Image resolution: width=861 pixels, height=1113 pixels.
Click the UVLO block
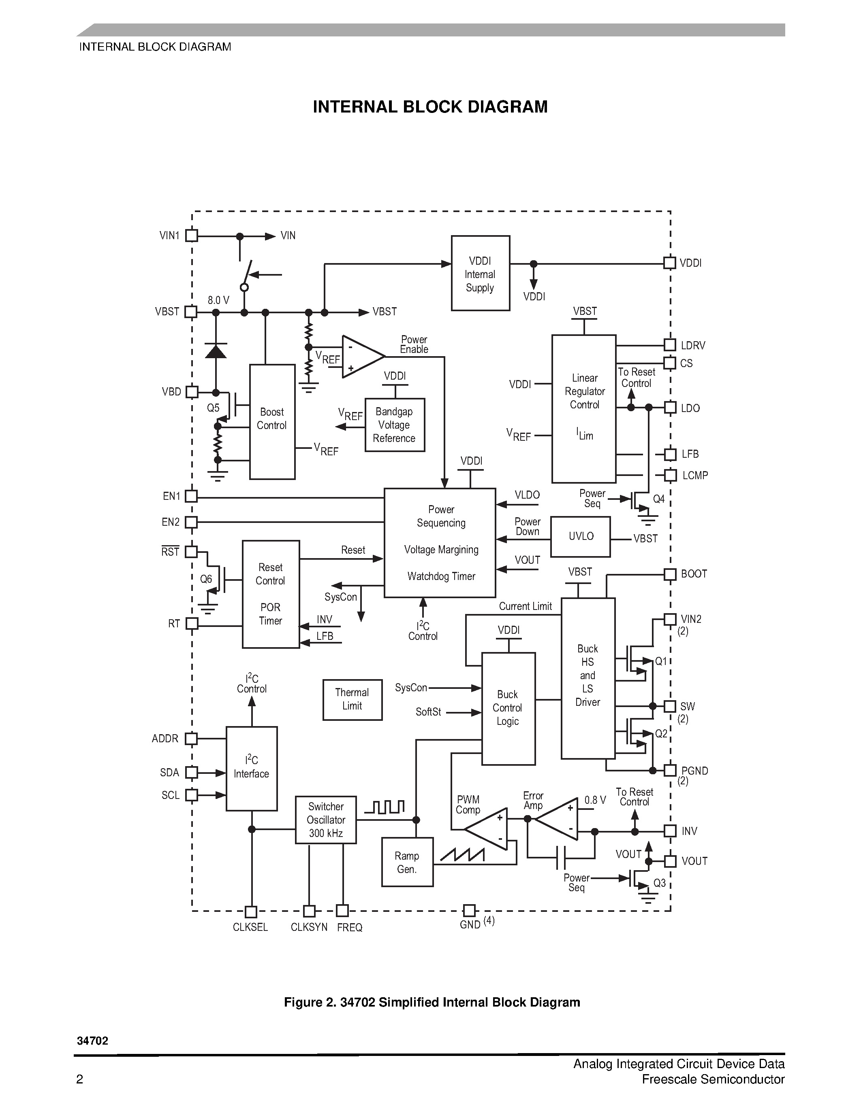click(x=581, y=537)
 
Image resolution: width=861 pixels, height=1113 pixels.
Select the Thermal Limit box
click(x=353, y=699)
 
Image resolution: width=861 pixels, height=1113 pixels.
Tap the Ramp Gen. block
click(x=407, y=862)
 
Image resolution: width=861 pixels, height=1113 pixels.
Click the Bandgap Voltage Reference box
click(x=394, y=425)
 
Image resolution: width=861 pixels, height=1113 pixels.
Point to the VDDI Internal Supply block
click(x=480, y=273)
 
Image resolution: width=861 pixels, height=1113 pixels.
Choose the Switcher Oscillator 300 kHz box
click(x=325, y=820)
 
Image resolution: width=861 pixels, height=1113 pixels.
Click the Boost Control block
click(x=272, y=421)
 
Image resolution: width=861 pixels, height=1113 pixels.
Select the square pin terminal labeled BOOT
click(x=670, y=574)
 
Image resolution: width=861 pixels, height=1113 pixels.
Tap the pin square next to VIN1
click(x=191, y=236)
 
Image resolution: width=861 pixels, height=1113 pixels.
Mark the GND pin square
click(x=469, y=910)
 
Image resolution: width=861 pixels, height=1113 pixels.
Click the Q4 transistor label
click(x=658, y=499)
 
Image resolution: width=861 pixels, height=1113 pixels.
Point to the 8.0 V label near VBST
click(x=218, y=300)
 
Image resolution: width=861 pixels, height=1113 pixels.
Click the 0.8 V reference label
click(x=595, y=800)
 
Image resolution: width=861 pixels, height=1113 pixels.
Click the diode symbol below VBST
click(x=216, y=351)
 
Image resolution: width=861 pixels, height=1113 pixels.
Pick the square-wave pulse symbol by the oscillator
click(x=385, y=807)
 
